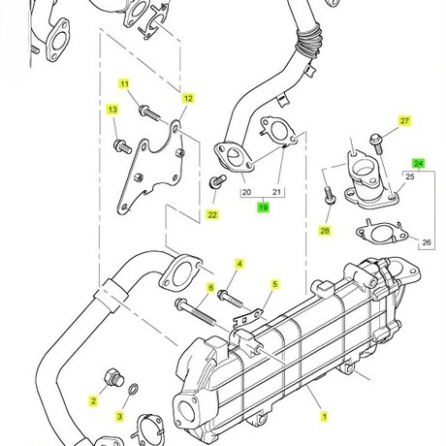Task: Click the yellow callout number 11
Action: pyautogui.click(x=124, y=84)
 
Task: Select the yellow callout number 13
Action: pyautogui.click(x=112, y=110)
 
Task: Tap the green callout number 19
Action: pyautogui.click(x=264, y=207)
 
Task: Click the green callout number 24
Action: pyautogui.click(x=419, y=164)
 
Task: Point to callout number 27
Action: pyautogui.click(x=404, y=121)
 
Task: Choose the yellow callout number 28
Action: pyautogui.click(x=325, y=231)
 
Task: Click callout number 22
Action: pyautogui.click(x=212, y=215)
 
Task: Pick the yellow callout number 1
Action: pyautogui.click(x=324, y=417)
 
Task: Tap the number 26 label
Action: pyautogui.click(x=427, y=242)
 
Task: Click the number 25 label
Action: pyautogui.click(x=410, y=176)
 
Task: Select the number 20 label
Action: pyautogui.click(x=246, y=192)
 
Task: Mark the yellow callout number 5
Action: pyautogui.click(x=274, y=285)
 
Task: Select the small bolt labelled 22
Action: pyautogui.click(x=217, y=181)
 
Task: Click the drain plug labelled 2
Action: pyautogui.click(x=113, y=377)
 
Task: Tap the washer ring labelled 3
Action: pyautogui.click(x=134, y=389)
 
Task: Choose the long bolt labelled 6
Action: pyautogui.click(x=195, y=311)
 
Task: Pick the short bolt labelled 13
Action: pyautogui.click(x=122, y=145)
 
